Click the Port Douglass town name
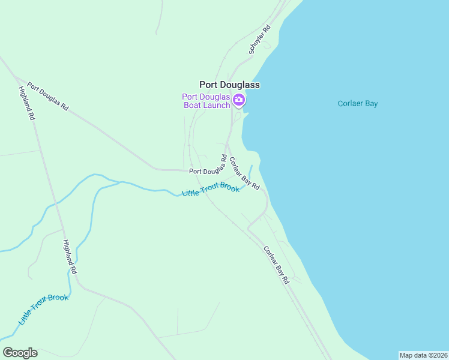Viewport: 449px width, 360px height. point(229,85)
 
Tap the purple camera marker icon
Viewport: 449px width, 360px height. point(239,100)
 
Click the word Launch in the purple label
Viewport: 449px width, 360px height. point(215,106)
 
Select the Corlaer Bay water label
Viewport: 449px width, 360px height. point(358,103)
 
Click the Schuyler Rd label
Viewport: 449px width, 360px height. point(260,40)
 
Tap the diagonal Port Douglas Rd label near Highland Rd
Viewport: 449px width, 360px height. point(48,97)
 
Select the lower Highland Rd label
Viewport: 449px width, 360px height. point(70,257)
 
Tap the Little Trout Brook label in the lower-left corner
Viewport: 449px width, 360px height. point(43,310)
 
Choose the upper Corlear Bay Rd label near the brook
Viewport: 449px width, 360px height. point(244,174)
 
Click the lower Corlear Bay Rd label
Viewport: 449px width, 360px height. point(276,265)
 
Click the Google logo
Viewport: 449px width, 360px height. point(20,353)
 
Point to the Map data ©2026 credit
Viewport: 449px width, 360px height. point(423,355)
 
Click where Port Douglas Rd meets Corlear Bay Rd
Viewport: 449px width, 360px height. point(226,145)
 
